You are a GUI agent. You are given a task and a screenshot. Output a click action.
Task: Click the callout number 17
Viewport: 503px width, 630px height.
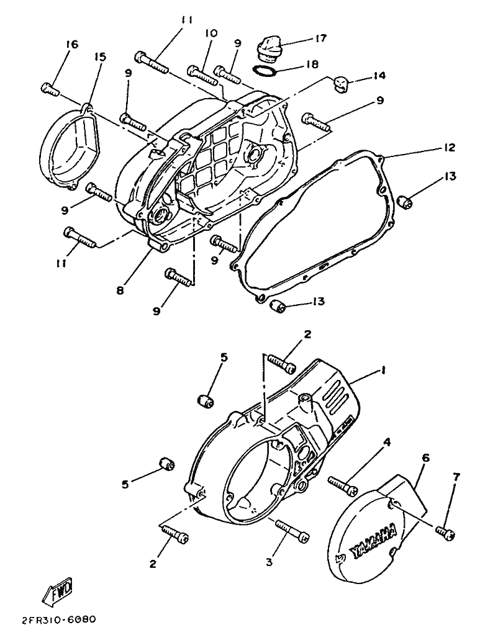pos(321,38)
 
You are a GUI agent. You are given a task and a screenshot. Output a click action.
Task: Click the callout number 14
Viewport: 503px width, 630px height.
pos(379,75)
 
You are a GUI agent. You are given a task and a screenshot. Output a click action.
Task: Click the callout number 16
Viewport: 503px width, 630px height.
pos(72,44)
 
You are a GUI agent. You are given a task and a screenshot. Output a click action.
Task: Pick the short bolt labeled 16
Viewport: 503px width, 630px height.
pos(50,88)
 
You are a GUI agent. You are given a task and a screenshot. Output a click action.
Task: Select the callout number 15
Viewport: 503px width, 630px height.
pos(100,56)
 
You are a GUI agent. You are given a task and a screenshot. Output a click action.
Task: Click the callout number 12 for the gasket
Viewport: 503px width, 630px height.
pos(450,148)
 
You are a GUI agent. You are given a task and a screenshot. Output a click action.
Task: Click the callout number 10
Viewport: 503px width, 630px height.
pos(211,33)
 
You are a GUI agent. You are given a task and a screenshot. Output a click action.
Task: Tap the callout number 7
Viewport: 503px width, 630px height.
pos(456,477)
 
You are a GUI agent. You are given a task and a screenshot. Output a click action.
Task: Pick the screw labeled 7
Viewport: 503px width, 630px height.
pos(445,531)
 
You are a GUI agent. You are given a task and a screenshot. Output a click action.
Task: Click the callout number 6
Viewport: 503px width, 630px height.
pos(426,457)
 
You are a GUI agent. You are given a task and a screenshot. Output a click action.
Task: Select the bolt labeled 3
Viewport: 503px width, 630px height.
pos(292,530)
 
